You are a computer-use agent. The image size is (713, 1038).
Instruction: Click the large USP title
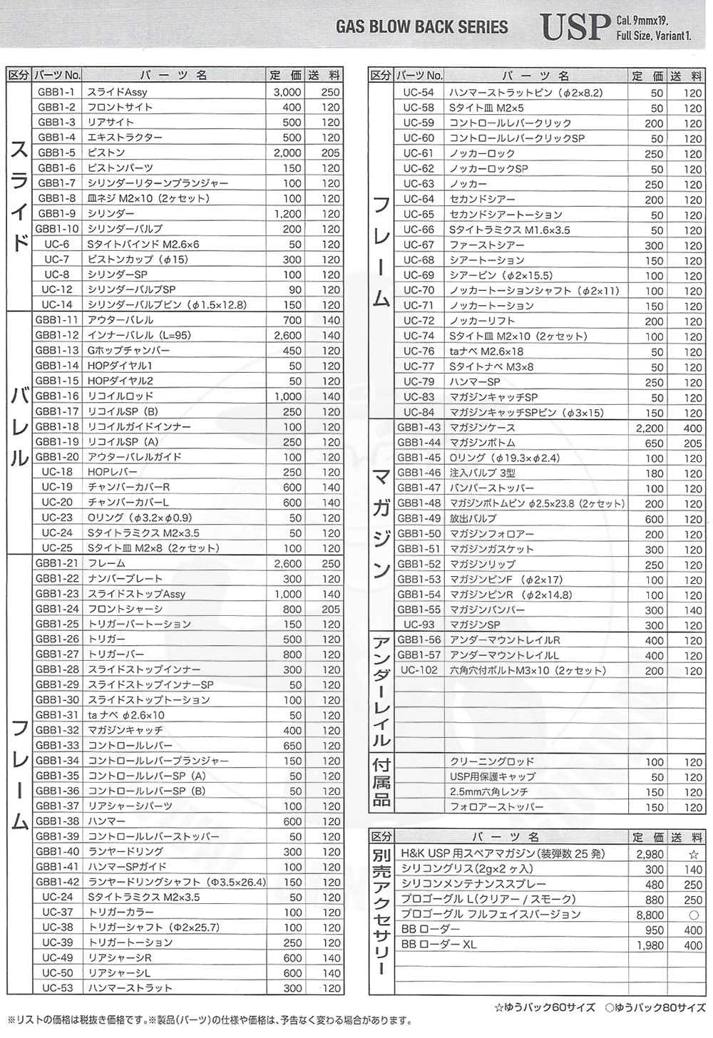[x=575, y=27]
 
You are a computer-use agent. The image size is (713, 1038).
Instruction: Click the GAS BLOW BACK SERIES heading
[x=422, y=28]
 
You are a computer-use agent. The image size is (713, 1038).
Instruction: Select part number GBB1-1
[x=57, y=92]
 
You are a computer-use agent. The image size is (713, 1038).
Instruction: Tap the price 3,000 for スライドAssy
[x=287, y=92]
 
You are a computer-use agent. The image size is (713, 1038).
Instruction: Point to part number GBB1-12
[x=57, y=335]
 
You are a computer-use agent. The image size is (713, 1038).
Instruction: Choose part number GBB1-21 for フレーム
[x=57, y=563]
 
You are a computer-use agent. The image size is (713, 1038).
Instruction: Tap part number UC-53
[x=57, y=988]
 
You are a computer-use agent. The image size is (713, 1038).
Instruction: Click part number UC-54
[x=419, y=93]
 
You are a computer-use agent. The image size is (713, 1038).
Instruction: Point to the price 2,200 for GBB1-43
[x=650, y=428]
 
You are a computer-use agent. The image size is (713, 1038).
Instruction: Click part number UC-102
[x=419, y=670]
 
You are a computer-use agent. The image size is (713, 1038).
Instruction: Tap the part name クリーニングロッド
[x=492, y=761]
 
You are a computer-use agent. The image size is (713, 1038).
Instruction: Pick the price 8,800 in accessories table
[x=650, y=915]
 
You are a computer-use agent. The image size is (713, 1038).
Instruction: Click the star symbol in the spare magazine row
[x=693, y=854]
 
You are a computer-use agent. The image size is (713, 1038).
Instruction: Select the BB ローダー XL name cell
[x=439, y=945]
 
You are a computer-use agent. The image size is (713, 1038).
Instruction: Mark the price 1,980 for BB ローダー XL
[x=650, y=945]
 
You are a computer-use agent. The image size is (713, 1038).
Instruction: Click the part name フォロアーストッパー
[x=496, y=807]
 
